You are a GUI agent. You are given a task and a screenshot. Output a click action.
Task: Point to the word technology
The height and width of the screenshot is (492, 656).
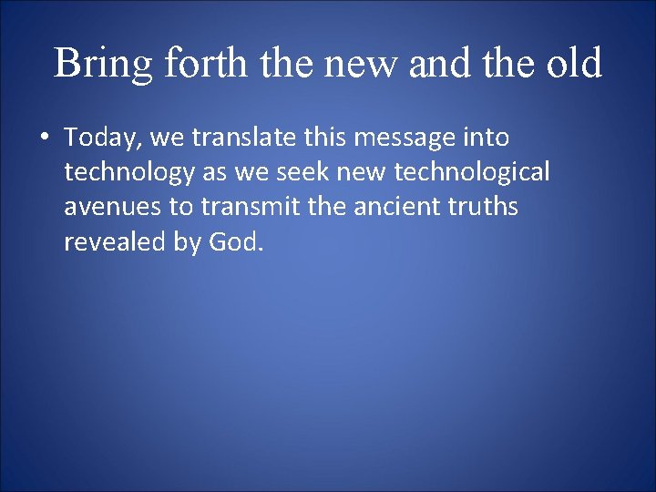coord(128,173)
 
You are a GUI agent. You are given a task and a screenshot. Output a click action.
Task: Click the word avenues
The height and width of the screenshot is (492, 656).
coord(113,208)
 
